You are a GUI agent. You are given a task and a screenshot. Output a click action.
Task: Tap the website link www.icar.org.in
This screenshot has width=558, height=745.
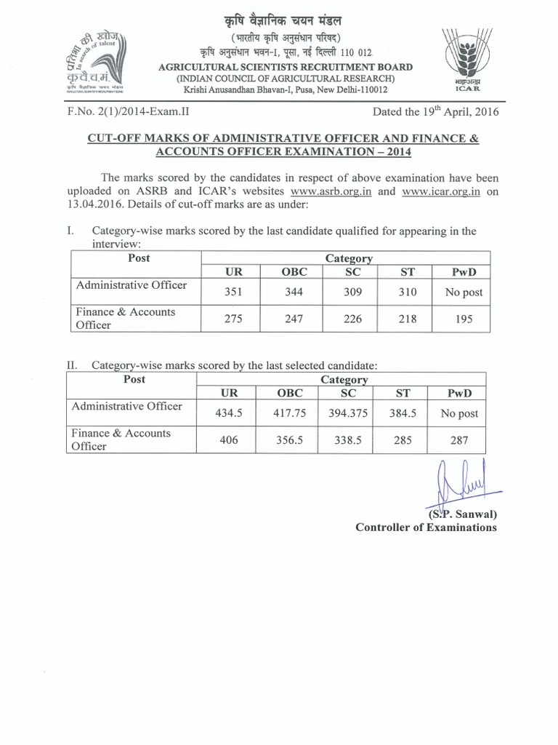point(436,192)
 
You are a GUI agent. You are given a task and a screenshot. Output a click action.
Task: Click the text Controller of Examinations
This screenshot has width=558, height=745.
point(426,527)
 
